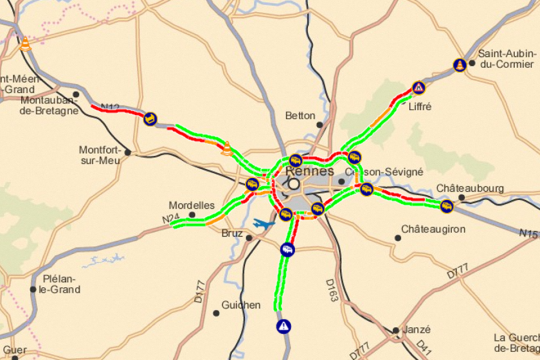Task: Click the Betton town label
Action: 300,116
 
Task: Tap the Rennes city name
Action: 309,171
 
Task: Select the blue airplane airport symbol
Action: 264,223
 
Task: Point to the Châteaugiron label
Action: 433,229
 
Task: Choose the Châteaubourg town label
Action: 470,188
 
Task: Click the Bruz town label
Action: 232,233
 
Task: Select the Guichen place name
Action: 241,305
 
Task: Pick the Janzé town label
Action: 417,330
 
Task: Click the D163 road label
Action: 331,289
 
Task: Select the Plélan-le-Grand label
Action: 61,285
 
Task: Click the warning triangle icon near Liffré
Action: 418,88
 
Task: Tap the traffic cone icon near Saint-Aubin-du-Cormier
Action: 460,65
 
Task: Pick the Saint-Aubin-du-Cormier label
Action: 505,59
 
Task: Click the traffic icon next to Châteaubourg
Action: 447,206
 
